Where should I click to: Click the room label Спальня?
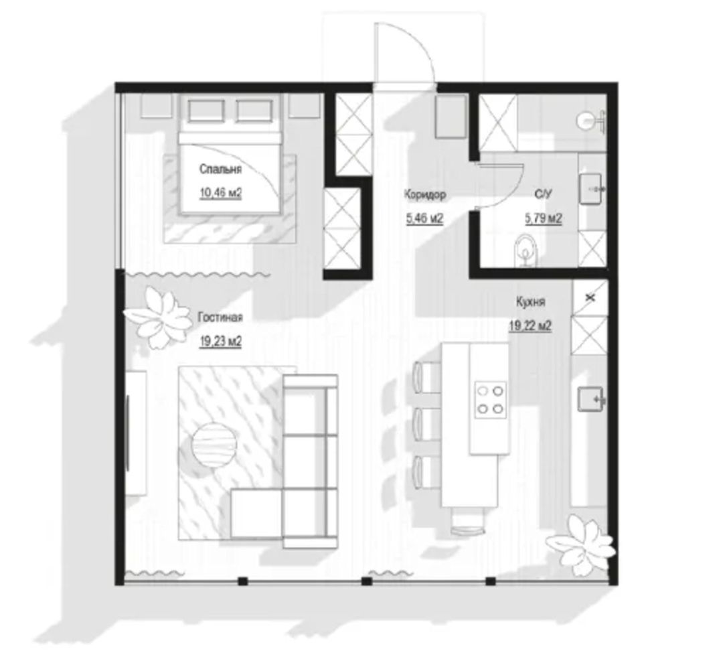tap(220, 169)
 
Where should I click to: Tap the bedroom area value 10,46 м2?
tap(220, 193)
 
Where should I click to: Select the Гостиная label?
tap(220, 317)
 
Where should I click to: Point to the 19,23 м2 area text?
tap(220, 342)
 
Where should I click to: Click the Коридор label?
tap(425, 195)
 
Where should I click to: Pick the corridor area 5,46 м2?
tap(424, 218)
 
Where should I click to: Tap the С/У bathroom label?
tap(543, 195)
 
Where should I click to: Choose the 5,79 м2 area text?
tap(544, 218)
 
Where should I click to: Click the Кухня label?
tap(530, 302)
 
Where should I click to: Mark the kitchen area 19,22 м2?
tap(530, 326)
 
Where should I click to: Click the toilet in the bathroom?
tap(526, 250)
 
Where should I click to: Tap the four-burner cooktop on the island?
tap(491, 400)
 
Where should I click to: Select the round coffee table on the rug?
tap(214, 445)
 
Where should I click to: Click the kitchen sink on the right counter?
tap(591, 399)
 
